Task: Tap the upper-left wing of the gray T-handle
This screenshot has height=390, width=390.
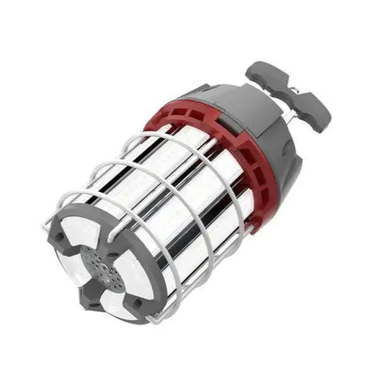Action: [264, 73]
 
